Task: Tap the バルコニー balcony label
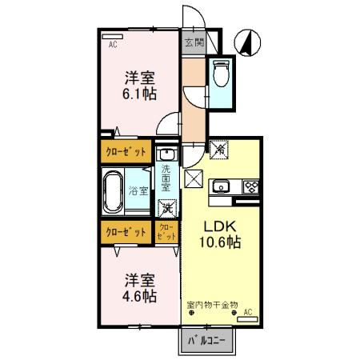(206, 341)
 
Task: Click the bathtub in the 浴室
(116, 190)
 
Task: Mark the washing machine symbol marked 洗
(167, 209)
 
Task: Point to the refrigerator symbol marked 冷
(219, 149)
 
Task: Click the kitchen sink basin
(222, 188)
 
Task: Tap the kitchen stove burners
(250, 188)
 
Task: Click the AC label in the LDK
(248, 312)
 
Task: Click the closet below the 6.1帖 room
(126, 150)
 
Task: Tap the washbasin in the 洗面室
(166, 154)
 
